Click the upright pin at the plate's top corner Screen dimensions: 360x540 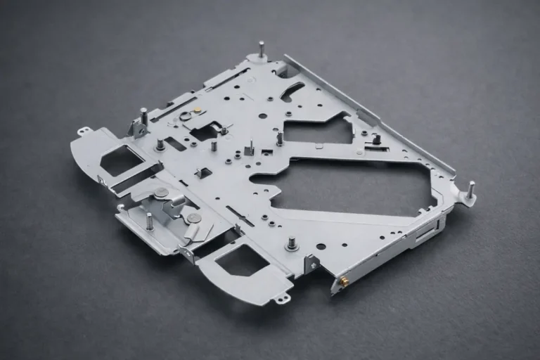(262, 49)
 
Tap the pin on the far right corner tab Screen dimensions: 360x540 (470, 190)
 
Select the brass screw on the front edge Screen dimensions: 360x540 (345, 281)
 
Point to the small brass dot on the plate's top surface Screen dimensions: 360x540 (198, 109)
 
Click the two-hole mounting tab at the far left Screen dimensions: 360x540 (84, 131)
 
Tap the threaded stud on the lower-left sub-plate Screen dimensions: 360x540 (149, 221)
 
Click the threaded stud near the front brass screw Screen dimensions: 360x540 (291, 243)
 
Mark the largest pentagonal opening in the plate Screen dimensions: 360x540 (352, 186)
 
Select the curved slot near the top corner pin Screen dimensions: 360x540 (292, 91)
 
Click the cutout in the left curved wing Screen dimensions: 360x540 (121, 161)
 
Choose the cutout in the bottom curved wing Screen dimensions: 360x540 (241, 260)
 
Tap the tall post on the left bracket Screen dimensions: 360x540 (143, 116)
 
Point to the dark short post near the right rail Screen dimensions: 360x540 (377, 139)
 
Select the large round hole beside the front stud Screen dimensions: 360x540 (321, 246)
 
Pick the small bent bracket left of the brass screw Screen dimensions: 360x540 (310, 264)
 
